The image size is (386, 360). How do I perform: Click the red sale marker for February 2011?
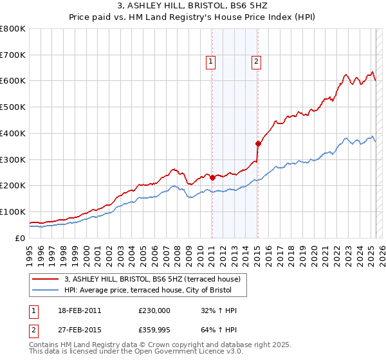tap(212, 177)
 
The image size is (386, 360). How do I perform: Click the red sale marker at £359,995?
tap(258, 143)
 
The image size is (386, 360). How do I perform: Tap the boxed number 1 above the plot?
tap(210, 62)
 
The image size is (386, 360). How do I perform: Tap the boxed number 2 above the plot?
tap(256, 62)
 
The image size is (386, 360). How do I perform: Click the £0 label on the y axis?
tap(21, 238)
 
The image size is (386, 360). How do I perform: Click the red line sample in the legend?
tap(46, 279)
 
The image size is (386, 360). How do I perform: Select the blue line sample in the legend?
tap(46, 290)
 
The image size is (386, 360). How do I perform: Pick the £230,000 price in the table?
tap(154, 310)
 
